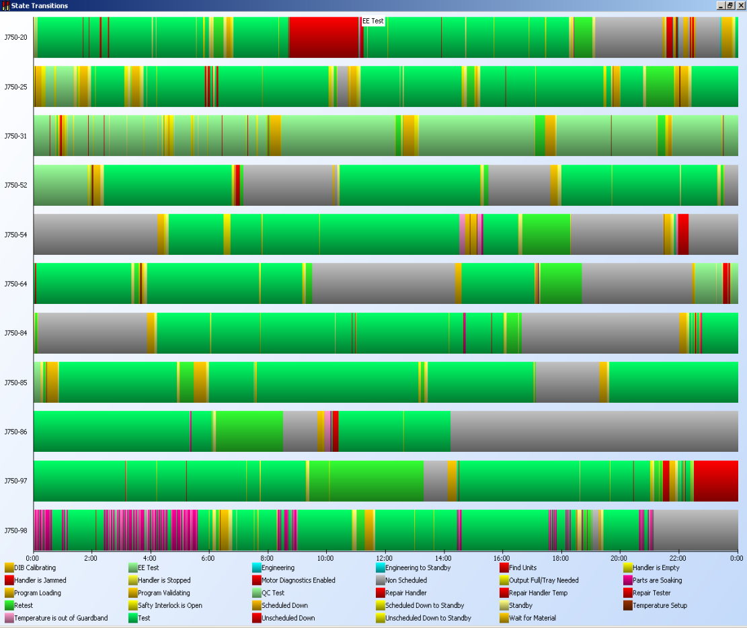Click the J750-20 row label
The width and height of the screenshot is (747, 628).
[x=15, y=38]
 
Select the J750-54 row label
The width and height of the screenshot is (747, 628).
[x=15, y=235]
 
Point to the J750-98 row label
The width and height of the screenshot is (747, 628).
[x=15, y=531]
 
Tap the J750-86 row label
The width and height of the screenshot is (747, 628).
[x=15, y=432]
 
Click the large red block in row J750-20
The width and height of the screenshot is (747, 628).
[x=324, y=38]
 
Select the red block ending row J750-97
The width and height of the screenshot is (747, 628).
[x=715, y=481]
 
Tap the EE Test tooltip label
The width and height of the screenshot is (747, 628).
[x=373, y=22]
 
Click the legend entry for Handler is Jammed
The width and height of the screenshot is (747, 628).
[x=40, y=580]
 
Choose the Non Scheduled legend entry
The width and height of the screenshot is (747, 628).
[x=405, y=580]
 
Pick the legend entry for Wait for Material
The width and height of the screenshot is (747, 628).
[x=533, y=618]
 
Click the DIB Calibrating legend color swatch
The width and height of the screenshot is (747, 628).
[x=9, y=568]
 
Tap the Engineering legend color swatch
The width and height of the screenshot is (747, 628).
[x=257, y=568]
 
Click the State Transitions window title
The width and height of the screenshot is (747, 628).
[x=39, y=5]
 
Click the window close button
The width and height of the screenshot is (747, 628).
[x=740, y=5]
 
